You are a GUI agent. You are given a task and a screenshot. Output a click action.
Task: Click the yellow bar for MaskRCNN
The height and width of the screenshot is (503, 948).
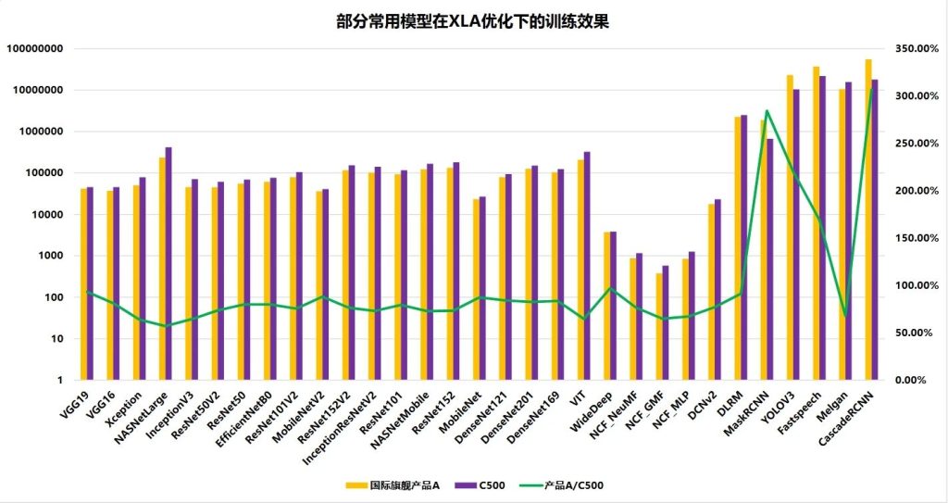pos(763,250)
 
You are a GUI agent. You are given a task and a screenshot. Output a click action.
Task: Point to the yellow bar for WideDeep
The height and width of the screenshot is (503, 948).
pos(606,306)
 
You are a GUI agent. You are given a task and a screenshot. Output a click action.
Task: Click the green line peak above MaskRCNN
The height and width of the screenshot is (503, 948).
pos(767,111)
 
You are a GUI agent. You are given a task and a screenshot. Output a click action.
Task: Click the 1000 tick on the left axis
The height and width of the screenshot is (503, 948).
pos(50,256)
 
